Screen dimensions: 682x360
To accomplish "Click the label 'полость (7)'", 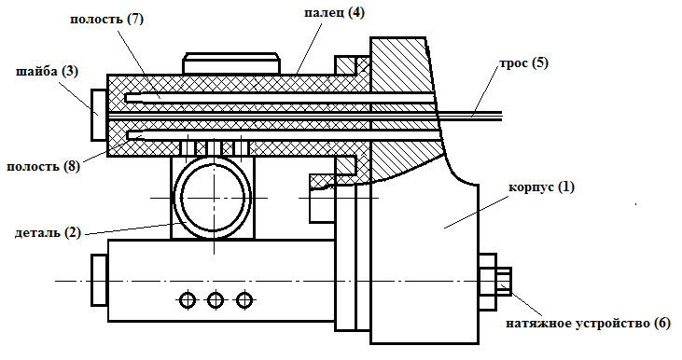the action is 106,20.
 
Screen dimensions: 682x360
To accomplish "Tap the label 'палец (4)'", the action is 334,13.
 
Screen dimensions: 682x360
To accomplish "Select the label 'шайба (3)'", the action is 47,72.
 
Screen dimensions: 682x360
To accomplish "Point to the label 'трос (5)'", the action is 523,63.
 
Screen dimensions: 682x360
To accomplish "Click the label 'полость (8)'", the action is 44,167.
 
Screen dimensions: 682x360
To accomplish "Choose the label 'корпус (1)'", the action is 541,187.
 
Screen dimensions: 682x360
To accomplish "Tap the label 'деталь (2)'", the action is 48,232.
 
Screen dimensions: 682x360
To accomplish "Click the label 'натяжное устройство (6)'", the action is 588,324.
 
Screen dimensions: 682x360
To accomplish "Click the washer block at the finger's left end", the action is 99,116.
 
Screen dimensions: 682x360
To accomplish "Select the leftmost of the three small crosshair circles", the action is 188,299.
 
